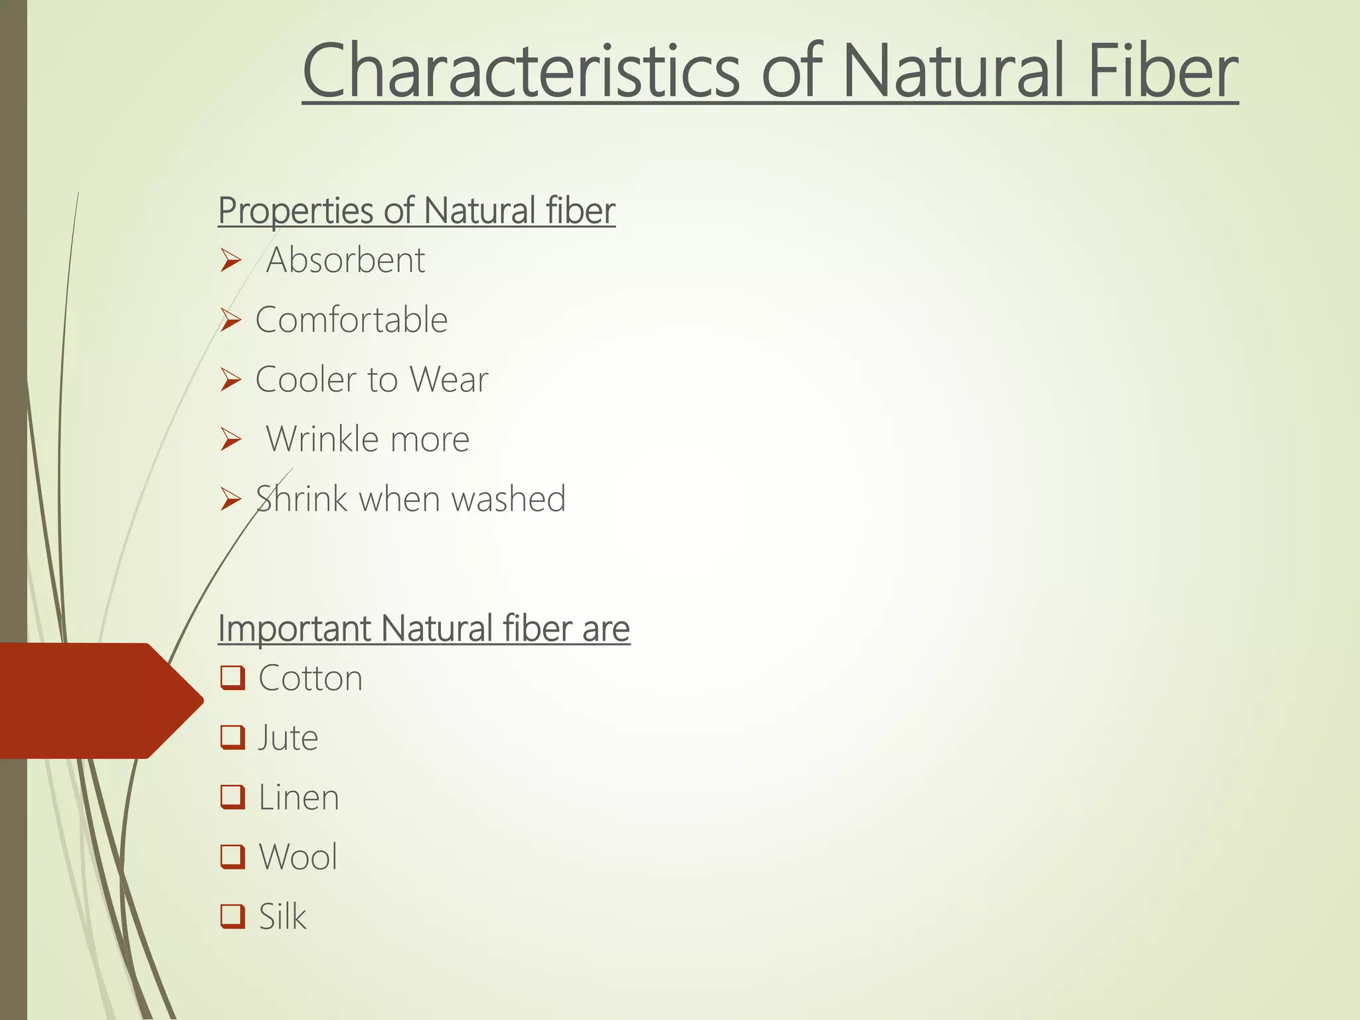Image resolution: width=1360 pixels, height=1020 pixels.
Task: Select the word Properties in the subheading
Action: coord(296,211)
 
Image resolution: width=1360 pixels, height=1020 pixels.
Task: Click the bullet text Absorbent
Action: coord(345,260)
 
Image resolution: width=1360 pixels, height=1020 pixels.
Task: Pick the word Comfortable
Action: coord(351,319)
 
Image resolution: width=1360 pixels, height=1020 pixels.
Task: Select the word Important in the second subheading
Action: coord(294,628)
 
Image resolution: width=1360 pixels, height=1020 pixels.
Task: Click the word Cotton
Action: coord(310,678)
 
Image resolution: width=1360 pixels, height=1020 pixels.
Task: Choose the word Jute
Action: coord(288,738)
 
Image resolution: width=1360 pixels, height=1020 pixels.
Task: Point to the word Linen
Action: coord(298,798)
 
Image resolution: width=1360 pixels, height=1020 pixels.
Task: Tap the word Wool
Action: coord(297,857)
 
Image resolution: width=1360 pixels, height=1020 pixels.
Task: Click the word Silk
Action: coord(282,917)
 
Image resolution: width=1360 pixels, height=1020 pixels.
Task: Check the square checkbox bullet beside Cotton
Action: coord(232,678)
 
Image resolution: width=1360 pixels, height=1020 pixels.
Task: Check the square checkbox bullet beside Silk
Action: coord(232,916)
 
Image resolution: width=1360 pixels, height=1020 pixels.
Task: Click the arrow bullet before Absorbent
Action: coord(230,260)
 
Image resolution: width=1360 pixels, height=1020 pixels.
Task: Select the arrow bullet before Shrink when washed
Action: coord(230,499)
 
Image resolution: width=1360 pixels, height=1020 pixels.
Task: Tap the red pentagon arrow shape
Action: coord(93,701)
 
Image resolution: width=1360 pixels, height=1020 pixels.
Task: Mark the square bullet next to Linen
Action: coord(232,797)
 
